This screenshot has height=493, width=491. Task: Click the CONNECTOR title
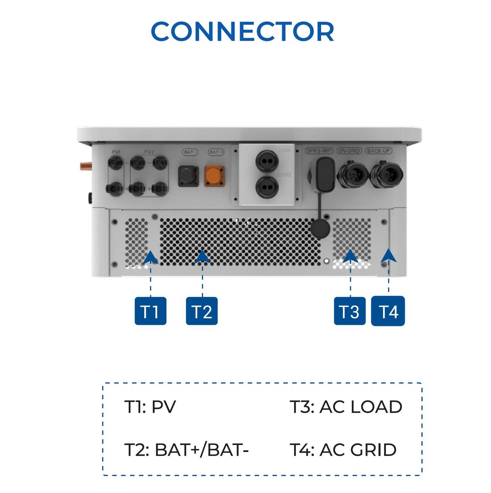242,32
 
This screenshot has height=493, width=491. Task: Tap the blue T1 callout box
150,311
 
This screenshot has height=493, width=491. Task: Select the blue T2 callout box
202,311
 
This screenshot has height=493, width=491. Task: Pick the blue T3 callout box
349,311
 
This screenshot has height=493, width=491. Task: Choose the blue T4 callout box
388,311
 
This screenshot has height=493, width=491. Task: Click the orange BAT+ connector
214,176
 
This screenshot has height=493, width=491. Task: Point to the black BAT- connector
189,176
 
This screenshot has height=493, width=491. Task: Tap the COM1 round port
267,161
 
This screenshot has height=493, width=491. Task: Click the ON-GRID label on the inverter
349,151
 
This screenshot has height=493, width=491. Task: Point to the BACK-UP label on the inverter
379,151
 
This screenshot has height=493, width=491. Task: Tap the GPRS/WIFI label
319,151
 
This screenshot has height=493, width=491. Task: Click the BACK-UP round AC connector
386,174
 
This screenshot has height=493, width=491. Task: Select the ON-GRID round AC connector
351,174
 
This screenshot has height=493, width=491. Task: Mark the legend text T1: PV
150,407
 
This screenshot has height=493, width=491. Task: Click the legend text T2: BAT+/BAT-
187,450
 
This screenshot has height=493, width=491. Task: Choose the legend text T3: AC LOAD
346,407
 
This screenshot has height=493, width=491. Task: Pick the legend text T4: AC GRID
343,450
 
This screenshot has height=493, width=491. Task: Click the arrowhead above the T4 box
389,256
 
